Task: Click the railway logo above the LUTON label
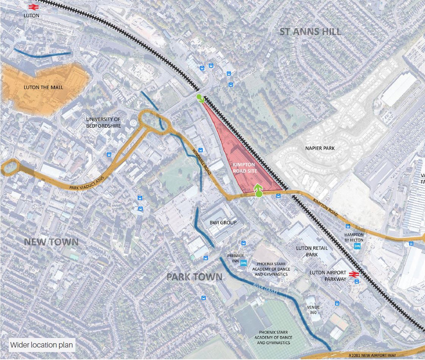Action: click(32, 7)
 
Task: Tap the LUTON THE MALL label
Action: click(44, 87)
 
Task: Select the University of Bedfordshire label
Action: click(103, 122)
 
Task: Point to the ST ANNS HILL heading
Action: click(310, 31)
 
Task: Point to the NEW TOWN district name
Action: click(51, 242)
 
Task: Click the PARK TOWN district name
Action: click(194, 276)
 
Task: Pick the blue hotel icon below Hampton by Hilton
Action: click(358, 246)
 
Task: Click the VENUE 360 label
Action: click(313, 310)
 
